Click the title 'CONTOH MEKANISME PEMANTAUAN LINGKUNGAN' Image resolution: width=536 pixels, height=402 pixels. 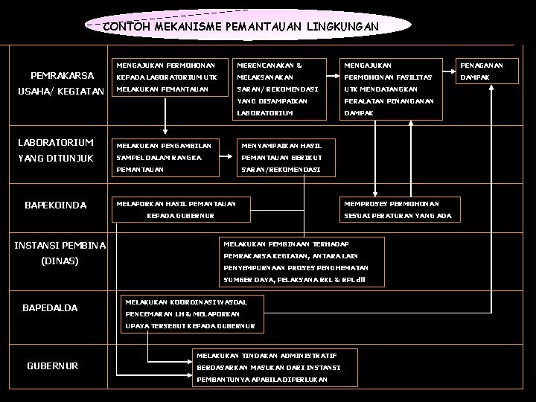[x=240, y=27]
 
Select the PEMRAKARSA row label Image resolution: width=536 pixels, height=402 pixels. [x=62, y=76]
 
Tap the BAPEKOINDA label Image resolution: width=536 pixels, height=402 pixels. [x=56, y=205]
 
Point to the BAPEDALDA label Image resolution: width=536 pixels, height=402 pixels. [x=51, y=307]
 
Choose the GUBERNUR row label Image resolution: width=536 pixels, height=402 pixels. [x=52, y=366]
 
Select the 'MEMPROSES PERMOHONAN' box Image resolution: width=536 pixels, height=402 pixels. [x=392, y=203]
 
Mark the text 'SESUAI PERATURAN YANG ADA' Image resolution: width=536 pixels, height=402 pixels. [x=397, y=215]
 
